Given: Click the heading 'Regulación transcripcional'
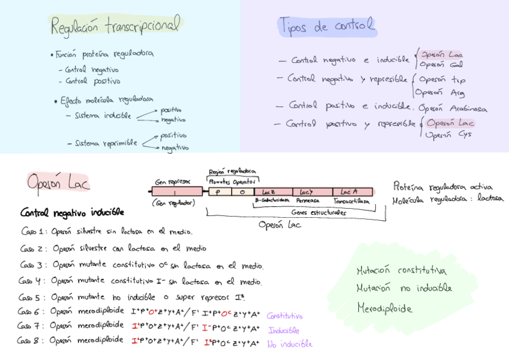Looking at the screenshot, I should pyautogui.click(x=115, y=26).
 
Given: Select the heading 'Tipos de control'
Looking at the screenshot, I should pyautogui.click(x=327, y=25).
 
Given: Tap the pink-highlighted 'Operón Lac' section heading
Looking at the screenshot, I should pyautogui.click(x=58, y=181).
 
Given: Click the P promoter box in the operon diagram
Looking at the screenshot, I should pyautogui.click(x=218, y=192).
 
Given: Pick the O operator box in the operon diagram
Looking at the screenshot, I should pyautogui.click(x=241, y=192).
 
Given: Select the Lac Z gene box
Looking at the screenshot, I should pyautogui.click(x=269, y=192).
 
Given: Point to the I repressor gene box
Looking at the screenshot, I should pyautogui.click(x=175, y=192).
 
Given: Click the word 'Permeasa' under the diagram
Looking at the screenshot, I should pyautogui.click(x=308, y=200).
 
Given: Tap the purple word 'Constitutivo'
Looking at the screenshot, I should pyautogui.click(x=285, y=316).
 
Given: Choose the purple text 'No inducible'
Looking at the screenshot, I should pyautogui.click(x=289, y=344).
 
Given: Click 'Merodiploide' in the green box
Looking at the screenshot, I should pyautogui.click(x=385, y=308).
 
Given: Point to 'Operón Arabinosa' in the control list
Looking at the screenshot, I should pyautogui.click(x=453, y=109).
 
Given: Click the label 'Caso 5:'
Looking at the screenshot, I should pyautogui.click(x=32, y=297).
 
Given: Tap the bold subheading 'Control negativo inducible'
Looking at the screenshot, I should pyautogui.click(x=72, y=212).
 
